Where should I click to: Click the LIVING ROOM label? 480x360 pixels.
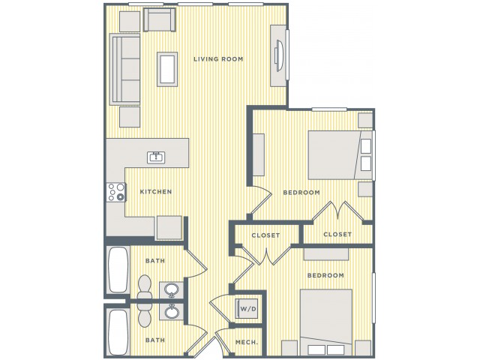click(218, 59)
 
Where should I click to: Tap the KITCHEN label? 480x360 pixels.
click(156, 192)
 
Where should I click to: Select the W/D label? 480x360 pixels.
click(248, 309)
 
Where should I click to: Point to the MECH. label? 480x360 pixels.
click(247, 342)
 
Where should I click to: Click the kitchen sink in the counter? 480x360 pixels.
click(156, 157)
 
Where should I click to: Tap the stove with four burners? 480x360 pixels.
click(116, 192)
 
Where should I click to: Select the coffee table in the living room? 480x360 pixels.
click(167, 69)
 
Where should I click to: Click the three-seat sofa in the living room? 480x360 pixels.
click(125, 70)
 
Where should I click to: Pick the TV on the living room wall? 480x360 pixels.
click(279, 55)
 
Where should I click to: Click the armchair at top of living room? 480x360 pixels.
click(160, 20)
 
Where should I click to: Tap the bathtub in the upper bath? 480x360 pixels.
click(118, 270)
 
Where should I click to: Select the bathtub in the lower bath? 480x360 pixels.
click(118, 333)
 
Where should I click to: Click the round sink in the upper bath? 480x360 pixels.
click(172, 289)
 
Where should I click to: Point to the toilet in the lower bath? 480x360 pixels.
click(145, 314)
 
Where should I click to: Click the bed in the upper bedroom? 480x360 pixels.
click(340, 155)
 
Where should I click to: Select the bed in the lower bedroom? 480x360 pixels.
click(326, 322)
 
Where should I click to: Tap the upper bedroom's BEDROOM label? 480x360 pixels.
click(301, 193)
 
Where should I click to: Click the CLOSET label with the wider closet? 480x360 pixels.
click(265, 235)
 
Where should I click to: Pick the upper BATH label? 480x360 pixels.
click(155, 261)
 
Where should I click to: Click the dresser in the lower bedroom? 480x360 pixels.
click(326, 254)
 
